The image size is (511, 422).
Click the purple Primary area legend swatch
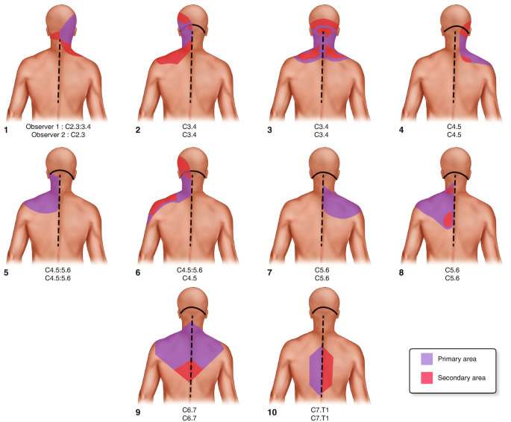click(427, 359)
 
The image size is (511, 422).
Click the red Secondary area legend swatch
click(427, 378)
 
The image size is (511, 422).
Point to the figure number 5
click(5, 272)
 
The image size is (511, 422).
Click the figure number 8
click(403, 272)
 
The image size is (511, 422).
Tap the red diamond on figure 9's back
click(192, 371)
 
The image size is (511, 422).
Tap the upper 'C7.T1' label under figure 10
click(322, 409)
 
